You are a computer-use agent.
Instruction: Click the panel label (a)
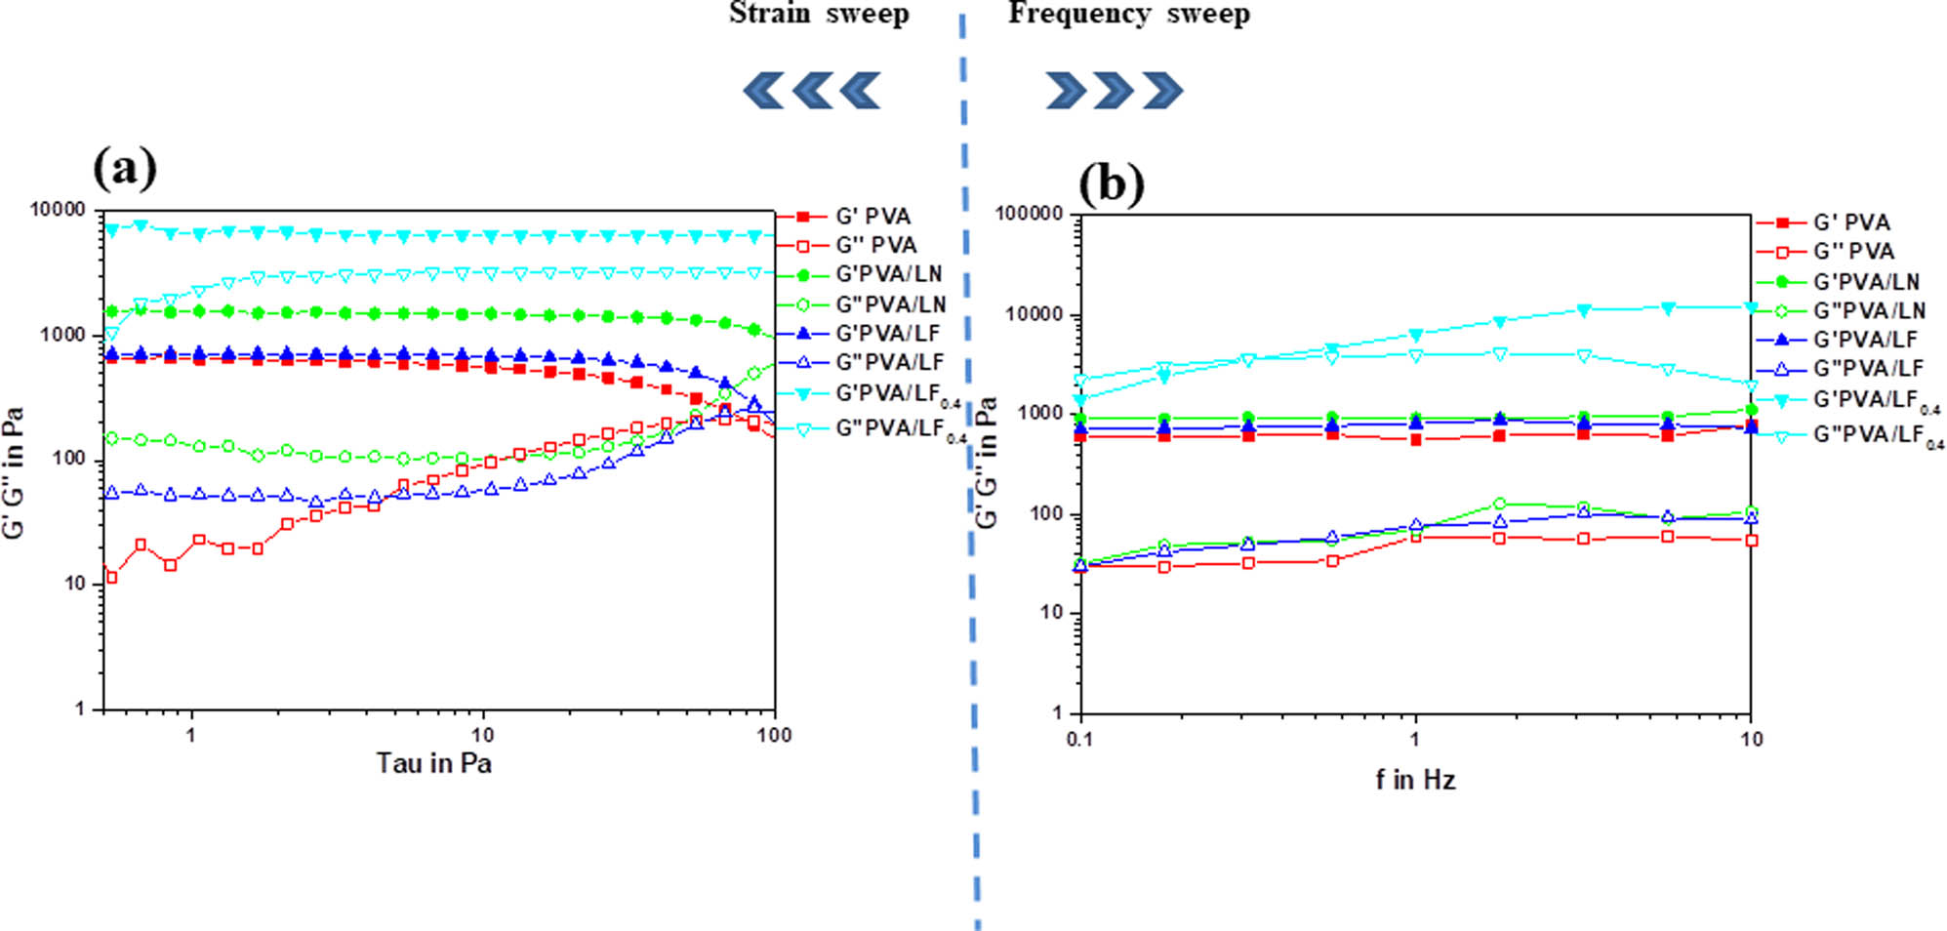click(x=125, y=168)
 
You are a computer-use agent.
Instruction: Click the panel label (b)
click(x=1111, y=182)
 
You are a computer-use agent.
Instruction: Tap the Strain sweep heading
click(x=819, y=14)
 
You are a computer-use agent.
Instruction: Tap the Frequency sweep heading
click(x=1128, y=14)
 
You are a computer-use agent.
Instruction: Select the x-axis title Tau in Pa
click(x=434, y=763)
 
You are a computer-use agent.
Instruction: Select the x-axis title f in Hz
click(x=1415, y=780)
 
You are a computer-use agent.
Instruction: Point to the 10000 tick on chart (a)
click(x=58, y=210)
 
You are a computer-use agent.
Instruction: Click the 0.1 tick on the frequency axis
click(x=1079, y=740)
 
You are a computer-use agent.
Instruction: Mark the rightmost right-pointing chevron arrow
click(x=1162, y=91)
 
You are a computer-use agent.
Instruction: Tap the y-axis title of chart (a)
click(x=14, y=473)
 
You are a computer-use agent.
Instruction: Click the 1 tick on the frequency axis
click(x=1415, y=740)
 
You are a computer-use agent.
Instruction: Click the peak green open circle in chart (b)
click(x=1500, y=504)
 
